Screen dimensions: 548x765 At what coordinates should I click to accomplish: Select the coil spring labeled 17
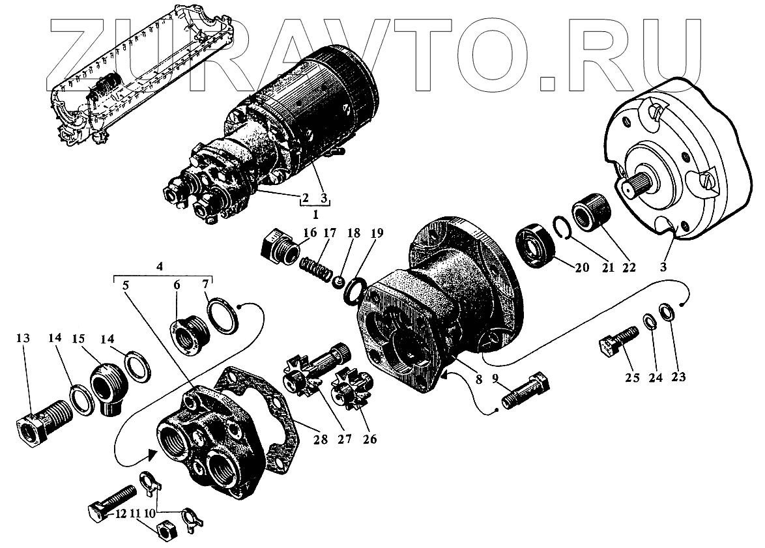(316, 267)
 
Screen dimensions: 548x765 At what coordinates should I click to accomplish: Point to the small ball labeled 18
(338, 282)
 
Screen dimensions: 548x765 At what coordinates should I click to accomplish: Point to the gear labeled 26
(352, 394)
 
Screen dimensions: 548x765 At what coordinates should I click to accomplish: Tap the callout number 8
(479, 378)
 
